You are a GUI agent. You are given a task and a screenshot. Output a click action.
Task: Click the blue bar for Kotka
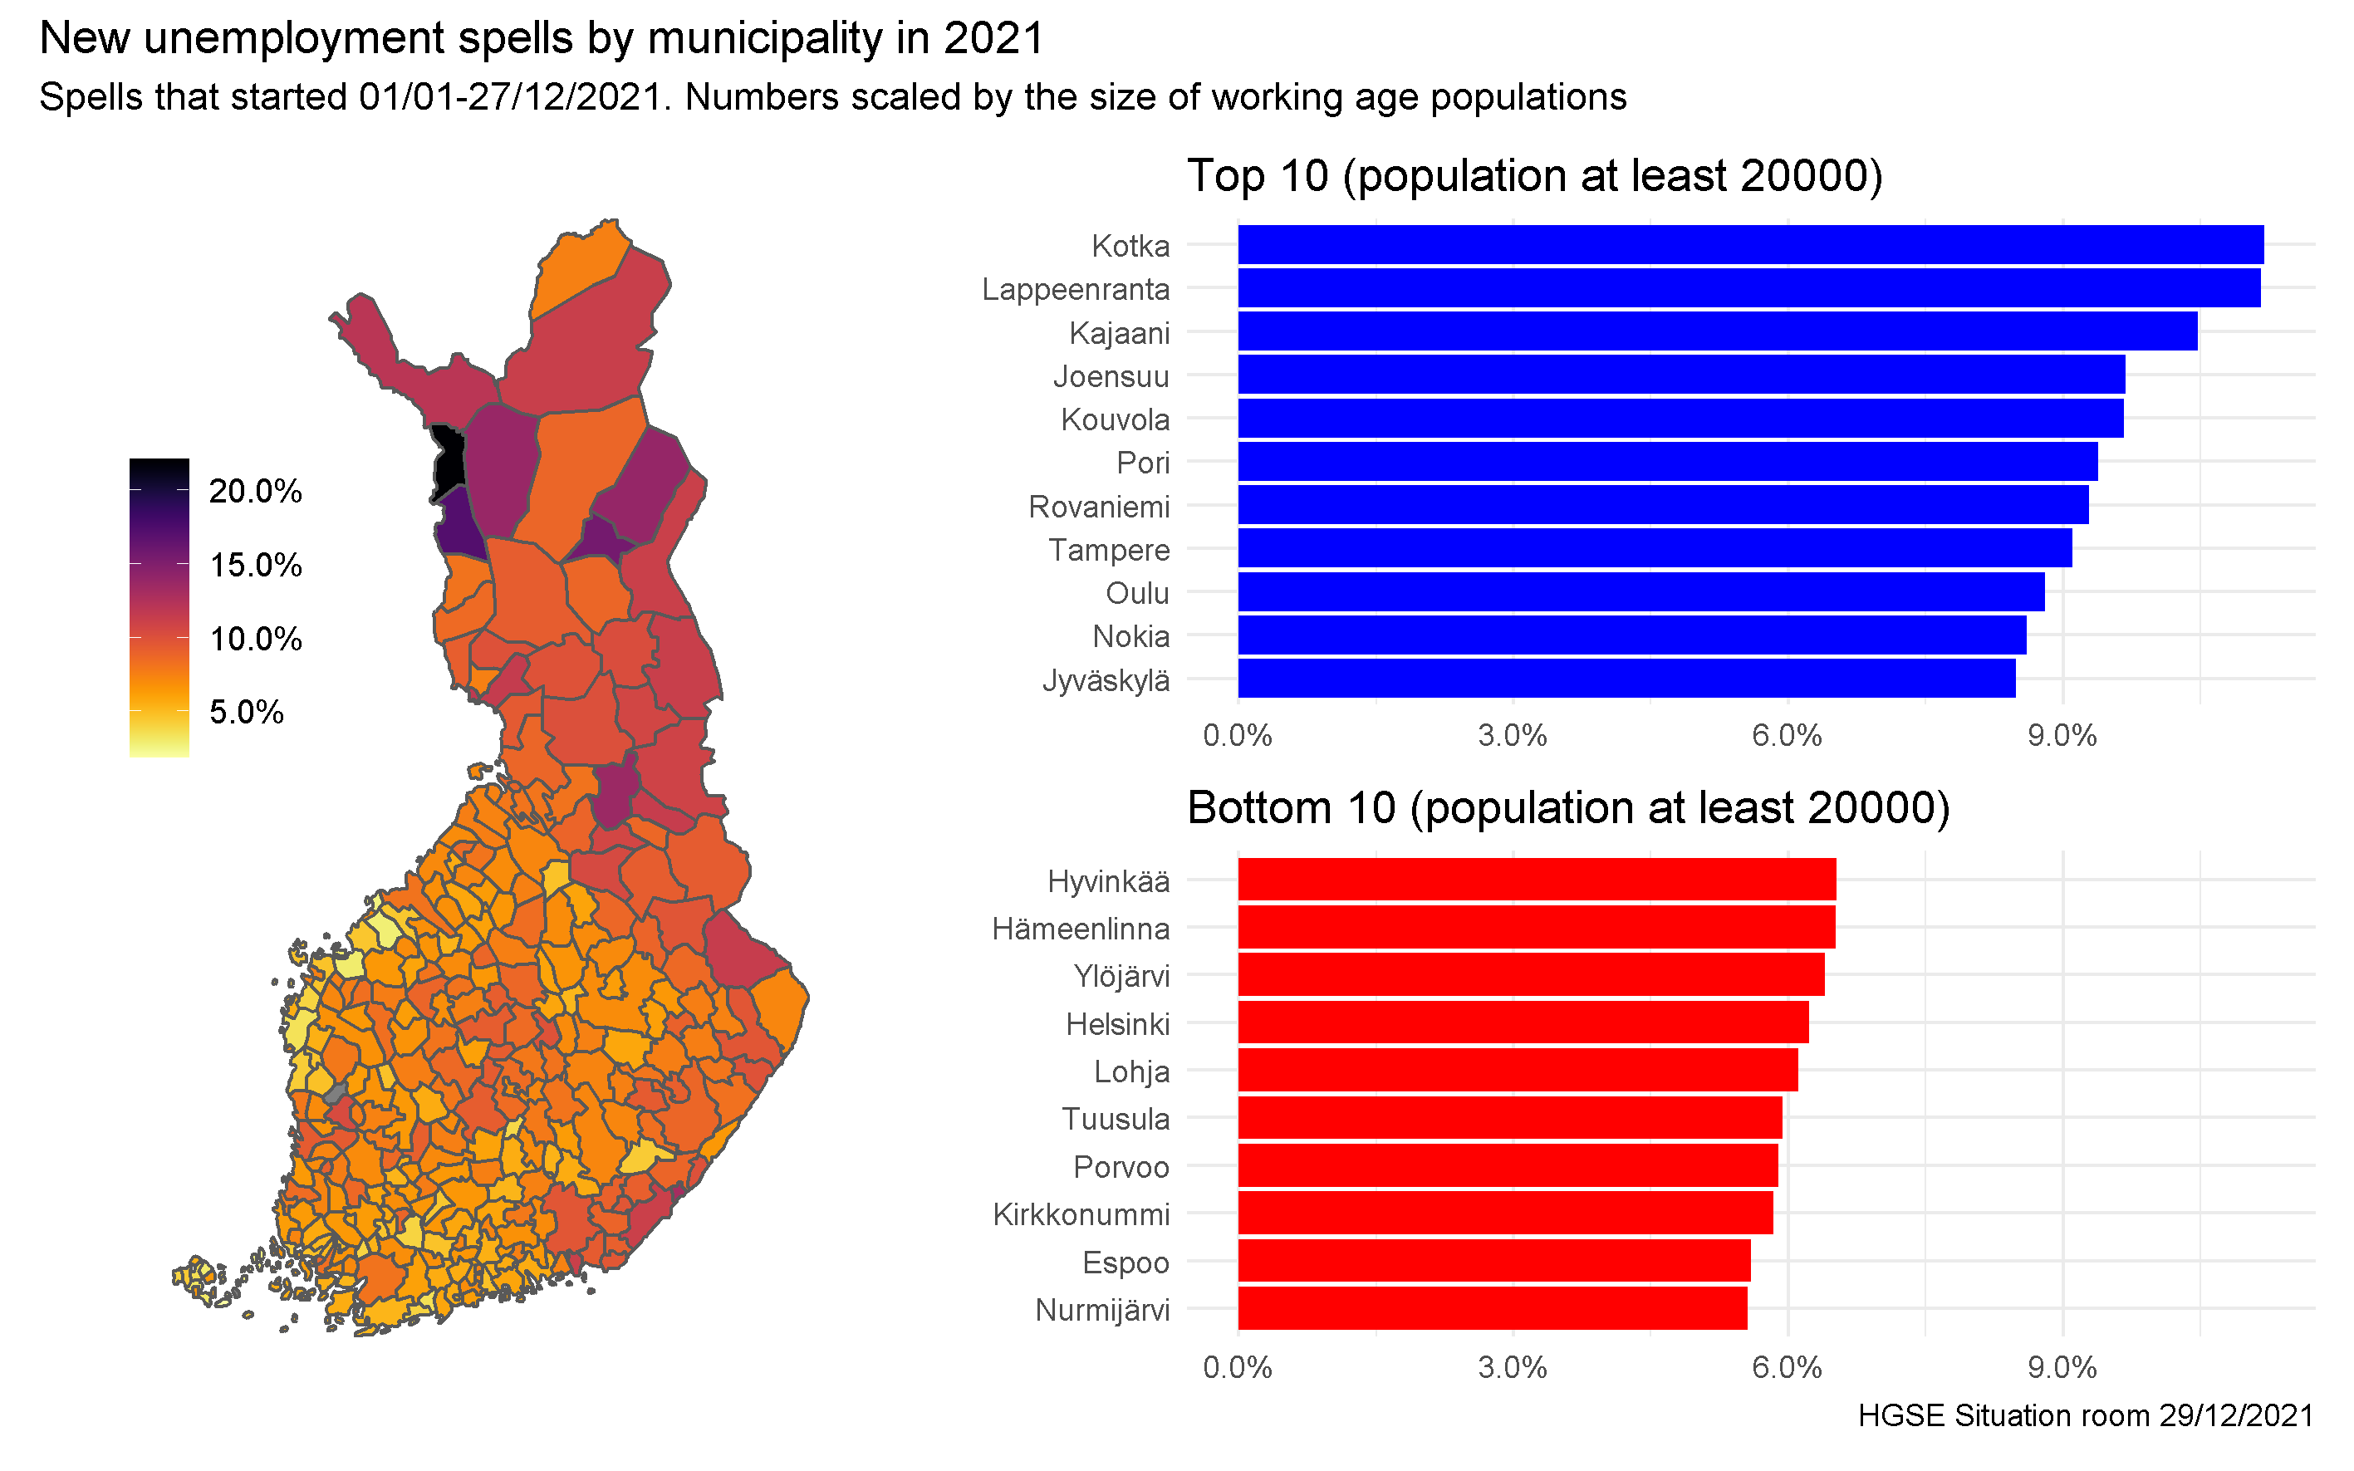point(1750,245)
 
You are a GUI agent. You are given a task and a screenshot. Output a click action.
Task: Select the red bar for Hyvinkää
point(1537,880)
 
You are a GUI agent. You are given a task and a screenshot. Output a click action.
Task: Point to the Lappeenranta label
point(1075,289)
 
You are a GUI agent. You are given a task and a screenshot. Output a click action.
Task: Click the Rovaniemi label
point(1099,507)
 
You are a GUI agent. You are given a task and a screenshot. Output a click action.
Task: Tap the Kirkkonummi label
point(1081,1214)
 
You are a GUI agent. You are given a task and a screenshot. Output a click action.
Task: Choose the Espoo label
point(1126,1263)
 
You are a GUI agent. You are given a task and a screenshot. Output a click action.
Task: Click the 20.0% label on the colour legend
point(256,492)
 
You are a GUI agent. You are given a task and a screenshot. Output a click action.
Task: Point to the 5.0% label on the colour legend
point(246,712)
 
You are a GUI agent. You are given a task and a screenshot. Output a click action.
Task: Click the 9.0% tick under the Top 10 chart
point(2062,736)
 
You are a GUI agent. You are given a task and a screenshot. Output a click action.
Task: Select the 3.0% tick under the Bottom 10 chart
point(1513,1368)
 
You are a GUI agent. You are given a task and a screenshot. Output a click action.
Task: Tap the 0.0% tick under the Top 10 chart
point(1238,736)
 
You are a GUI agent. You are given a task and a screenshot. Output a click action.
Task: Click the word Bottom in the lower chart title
point(1251,808)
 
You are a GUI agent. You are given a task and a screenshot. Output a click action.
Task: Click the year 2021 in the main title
point(993,39)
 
